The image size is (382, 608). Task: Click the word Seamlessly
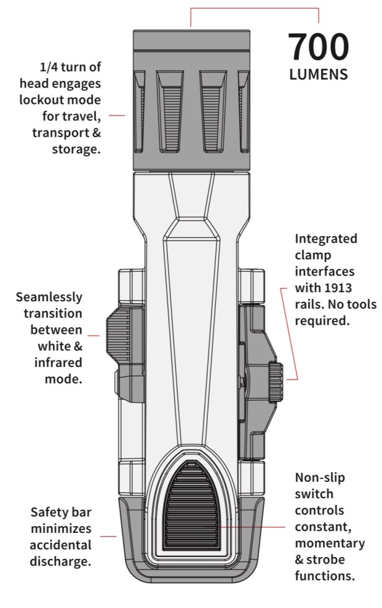coord(49,297)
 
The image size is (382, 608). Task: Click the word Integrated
coord(326,238)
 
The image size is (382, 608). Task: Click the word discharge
coord(57,561)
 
